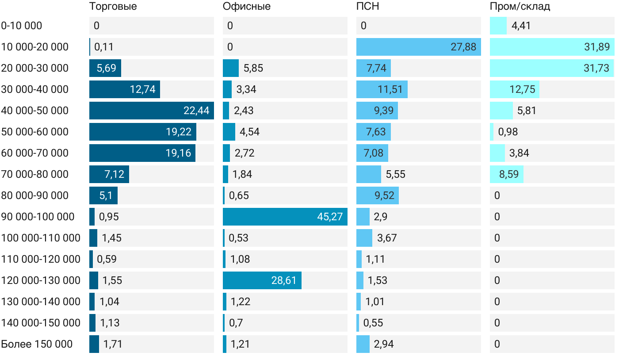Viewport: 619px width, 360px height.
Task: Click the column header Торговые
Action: [113, 7]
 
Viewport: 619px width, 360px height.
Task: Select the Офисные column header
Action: [247, 7]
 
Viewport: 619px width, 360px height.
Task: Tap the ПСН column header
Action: [368, 7]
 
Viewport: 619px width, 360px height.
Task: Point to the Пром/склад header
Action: [520, 7]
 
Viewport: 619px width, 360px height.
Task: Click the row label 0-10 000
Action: [22, 26]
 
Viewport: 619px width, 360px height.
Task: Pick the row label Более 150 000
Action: [37, 344]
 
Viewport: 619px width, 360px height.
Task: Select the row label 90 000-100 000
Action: [38, 217]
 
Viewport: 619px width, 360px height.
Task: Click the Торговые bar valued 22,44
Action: [151, 111]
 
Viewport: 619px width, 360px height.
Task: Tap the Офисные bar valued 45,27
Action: [285, 217]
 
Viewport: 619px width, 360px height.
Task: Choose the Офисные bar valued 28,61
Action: [262, 280]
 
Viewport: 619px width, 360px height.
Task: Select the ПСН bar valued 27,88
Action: [418, 47]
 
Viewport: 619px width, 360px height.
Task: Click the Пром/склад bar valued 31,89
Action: [552, 47]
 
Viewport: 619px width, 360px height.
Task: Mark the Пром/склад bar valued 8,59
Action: [506, 174]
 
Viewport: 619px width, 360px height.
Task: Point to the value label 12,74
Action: [143, 89]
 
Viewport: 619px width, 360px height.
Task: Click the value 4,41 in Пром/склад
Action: [521, 26]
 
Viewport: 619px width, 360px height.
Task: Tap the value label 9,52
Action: [384, 195]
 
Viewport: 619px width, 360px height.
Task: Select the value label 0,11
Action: [104, 47]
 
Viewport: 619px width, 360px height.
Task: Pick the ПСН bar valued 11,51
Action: [382, 89]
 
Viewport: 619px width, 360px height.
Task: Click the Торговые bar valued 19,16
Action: [142, 153]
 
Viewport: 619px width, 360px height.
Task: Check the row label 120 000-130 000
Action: [41, 280]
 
